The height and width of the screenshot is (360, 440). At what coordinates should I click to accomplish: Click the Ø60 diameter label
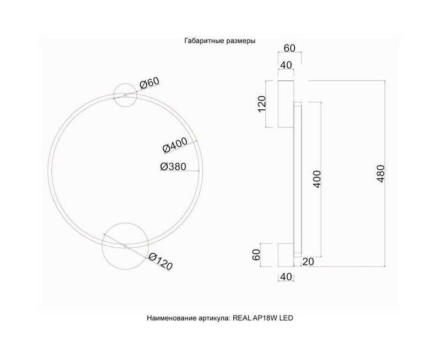coord(149,82)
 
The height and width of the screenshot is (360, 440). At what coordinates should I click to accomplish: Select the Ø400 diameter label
coord(175,145)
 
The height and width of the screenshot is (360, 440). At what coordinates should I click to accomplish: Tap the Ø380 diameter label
coord(173,167)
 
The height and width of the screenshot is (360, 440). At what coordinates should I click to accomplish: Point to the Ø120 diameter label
coord(160,261)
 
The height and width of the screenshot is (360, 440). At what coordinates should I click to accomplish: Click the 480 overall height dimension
coord(381,174)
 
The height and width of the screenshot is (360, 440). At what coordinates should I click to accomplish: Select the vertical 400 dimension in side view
coord(317,179)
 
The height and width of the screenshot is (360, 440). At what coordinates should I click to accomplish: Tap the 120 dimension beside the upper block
coord(262,104)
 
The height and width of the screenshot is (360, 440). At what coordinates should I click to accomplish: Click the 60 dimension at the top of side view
coord(290,48)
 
